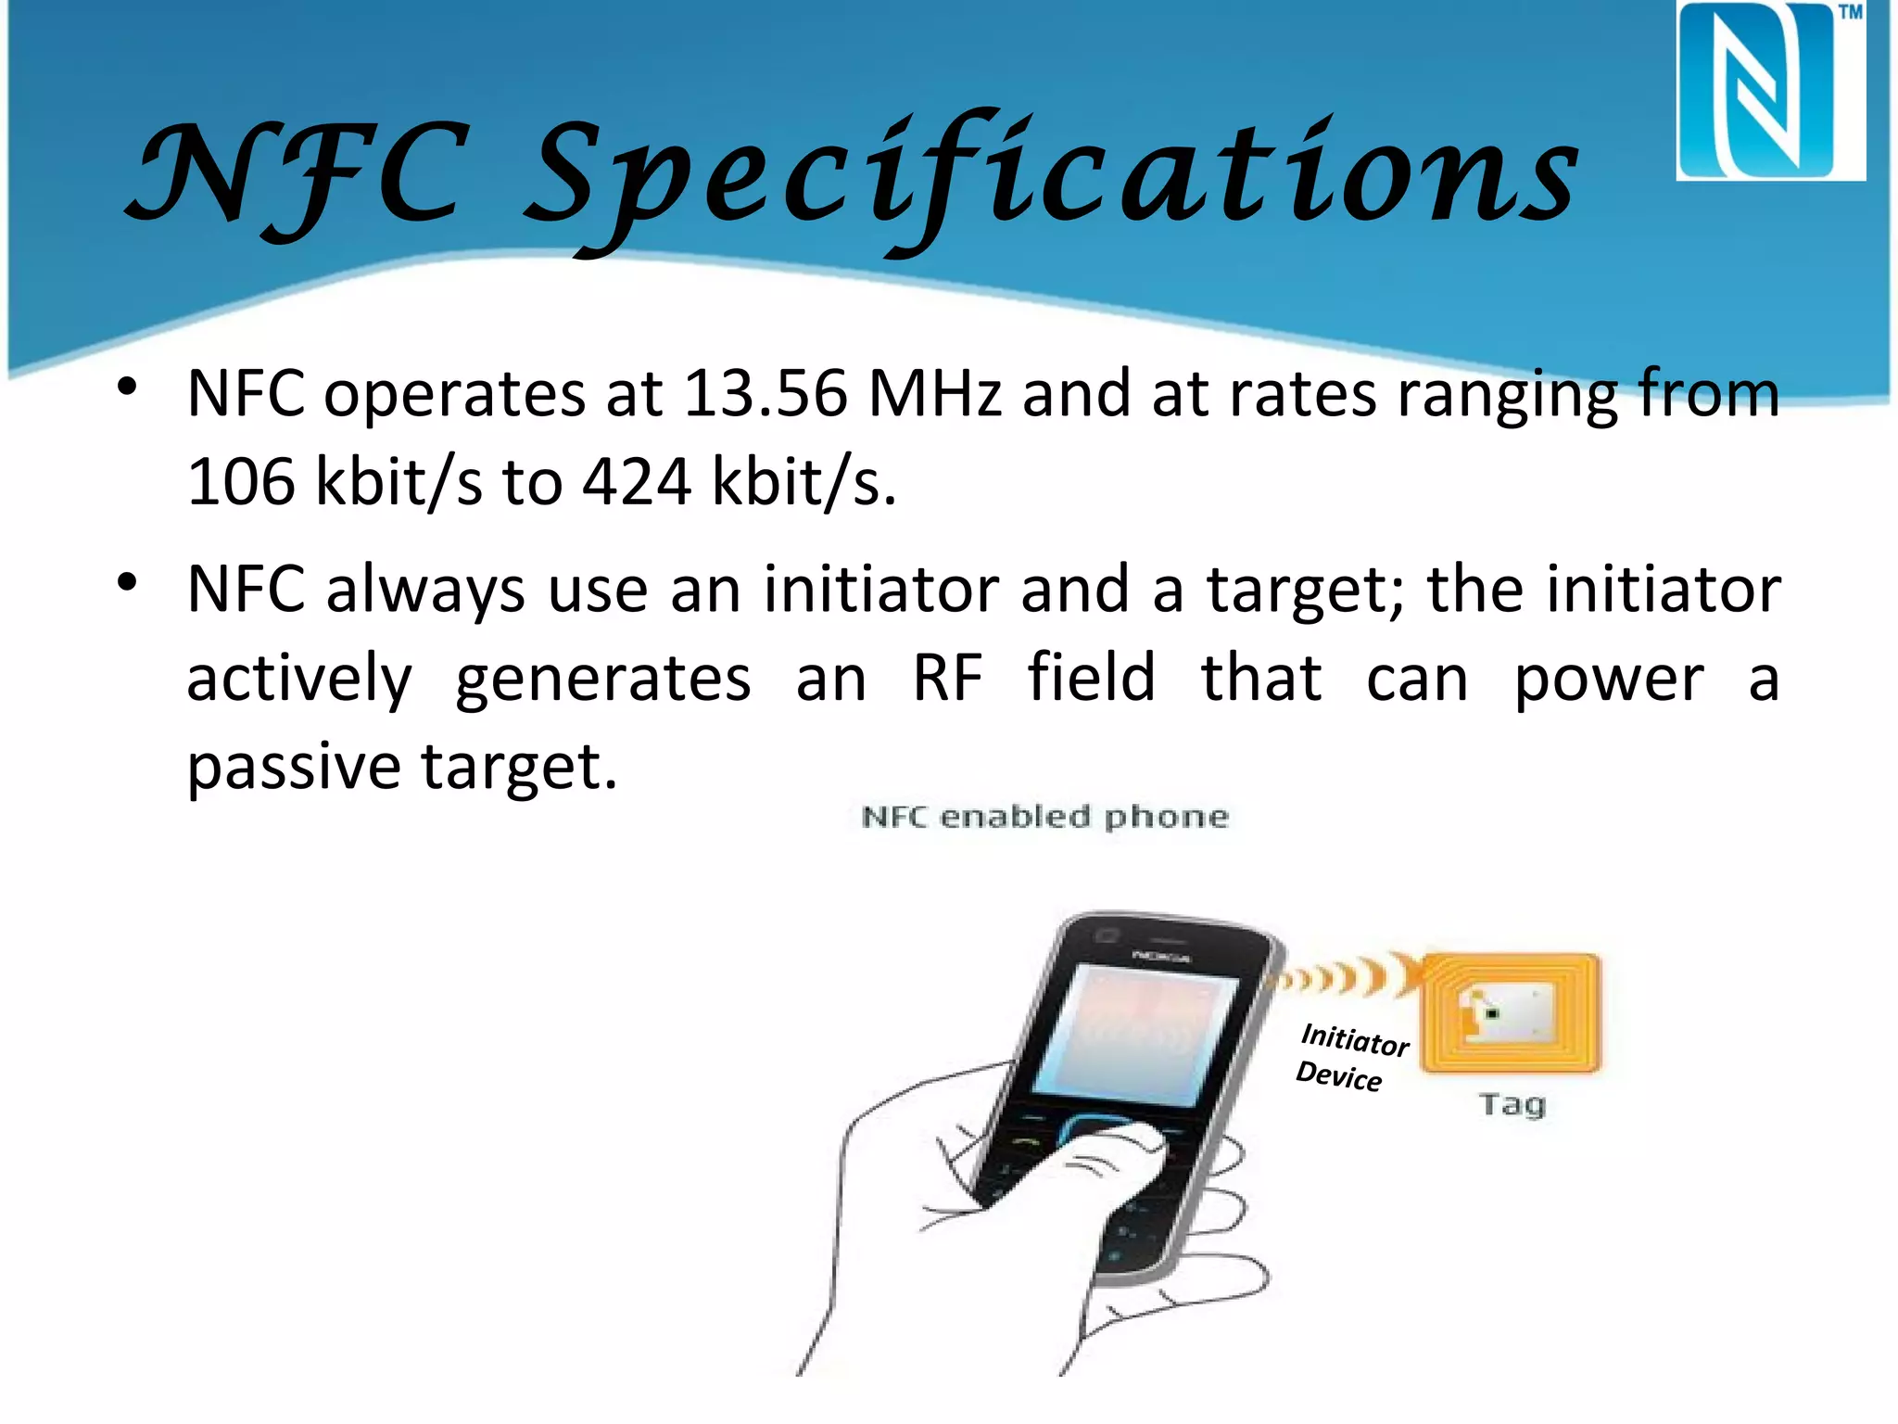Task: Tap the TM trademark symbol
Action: (1850, 13)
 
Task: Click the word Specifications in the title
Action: (1052, 176)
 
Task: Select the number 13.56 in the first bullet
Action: (766, 394)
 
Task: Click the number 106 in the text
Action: (241, 482)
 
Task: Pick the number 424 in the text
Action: (637, 482)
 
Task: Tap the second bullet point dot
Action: (128, 582)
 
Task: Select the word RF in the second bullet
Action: (946, 678)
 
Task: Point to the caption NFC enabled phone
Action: (1044, 817)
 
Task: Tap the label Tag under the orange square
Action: (1512, 1104)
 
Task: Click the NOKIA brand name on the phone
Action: (1160, 956)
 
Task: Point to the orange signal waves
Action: (1335, 977)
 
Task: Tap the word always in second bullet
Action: (425, 591)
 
